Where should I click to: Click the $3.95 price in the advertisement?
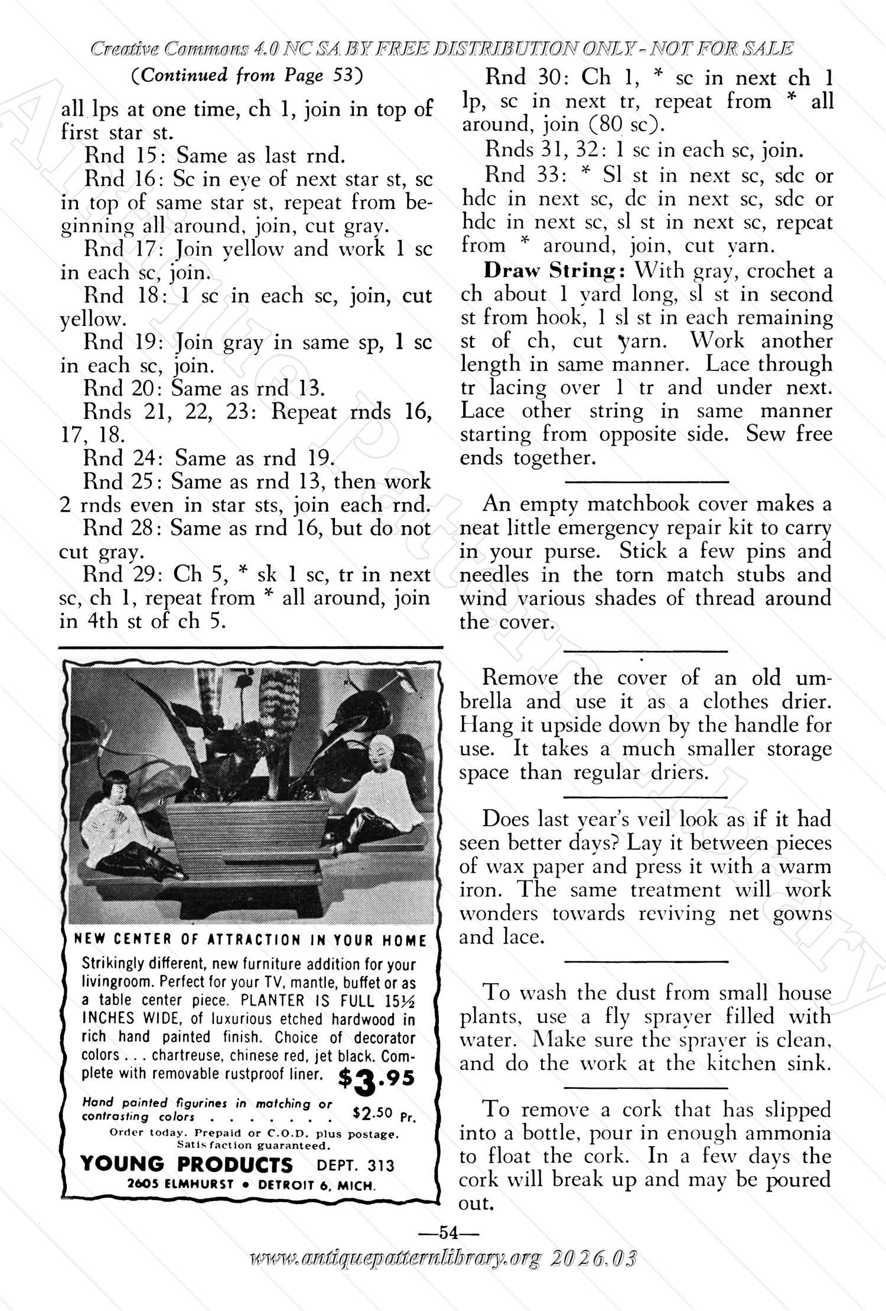point(376,1079)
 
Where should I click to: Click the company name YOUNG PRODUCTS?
point(187,1164)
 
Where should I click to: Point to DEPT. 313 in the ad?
point(355,1165)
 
